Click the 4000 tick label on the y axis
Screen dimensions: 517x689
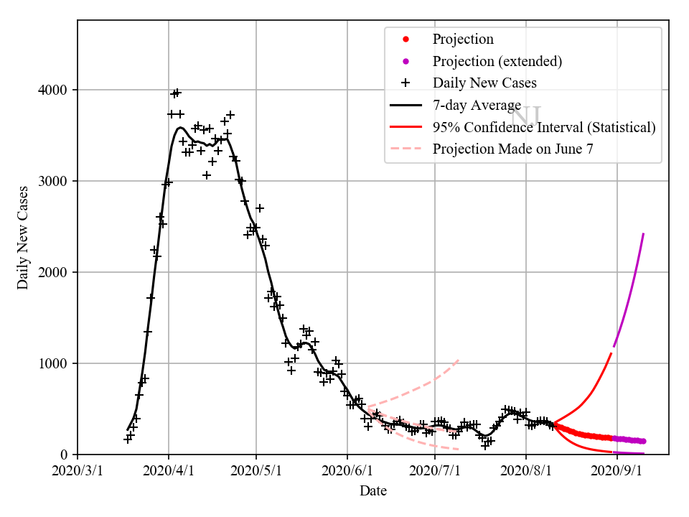coord(55,90)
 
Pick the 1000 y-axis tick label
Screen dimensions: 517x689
coord(55,363)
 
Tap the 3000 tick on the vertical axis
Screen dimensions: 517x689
coord(55,181)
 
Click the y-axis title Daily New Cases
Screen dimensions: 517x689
coord(23,237)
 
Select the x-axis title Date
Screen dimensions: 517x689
coord(373,491)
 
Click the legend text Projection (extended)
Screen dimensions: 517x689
coord(497,61)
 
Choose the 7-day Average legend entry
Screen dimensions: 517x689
coord(477,105)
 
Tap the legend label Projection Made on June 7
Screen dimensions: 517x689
coord(513,149)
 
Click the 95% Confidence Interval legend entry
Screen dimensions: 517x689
coord(544,127)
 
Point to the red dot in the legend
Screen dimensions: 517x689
coord(406,39)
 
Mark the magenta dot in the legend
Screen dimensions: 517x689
coord(406,61)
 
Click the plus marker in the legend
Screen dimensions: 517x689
coord(406,83)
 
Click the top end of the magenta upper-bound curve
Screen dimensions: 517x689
coord(643,234)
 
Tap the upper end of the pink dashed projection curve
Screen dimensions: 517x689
coord(458,360)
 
